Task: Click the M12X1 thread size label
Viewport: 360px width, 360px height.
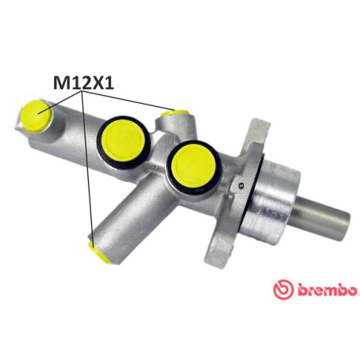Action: point(83,82)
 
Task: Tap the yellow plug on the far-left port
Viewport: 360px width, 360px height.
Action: point(35,115)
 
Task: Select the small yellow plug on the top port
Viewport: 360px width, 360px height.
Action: point(174,112)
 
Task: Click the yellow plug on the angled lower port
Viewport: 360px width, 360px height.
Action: point(98,253)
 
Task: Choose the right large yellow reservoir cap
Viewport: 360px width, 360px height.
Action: point(195,165)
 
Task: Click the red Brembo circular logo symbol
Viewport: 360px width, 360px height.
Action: point(283,289)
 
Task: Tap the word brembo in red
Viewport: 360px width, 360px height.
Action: point(327,290)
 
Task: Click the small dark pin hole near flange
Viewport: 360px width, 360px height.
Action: point(241,186)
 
